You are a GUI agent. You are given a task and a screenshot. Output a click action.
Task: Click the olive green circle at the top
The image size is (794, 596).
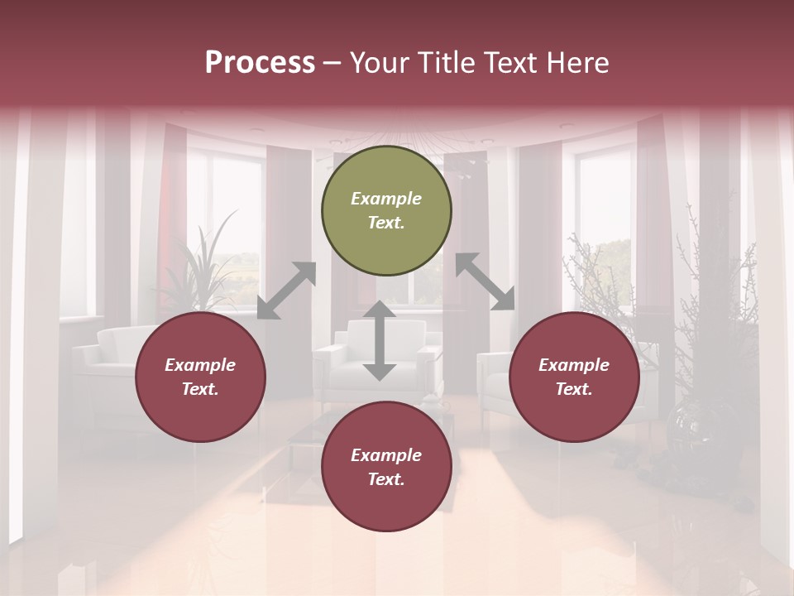pos(386,211)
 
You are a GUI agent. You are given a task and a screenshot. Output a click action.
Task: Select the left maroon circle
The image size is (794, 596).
pos(200,377)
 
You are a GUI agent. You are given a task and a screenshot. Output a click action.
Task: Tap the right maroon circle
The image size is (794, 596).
pos(574,377)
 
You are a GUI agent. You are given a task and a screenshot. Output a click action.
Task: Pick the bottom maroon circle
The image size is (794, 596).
pos(386,467)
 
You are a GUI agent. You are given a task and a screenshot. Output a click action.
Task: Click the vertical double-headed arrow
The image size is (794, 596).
pos(380,340)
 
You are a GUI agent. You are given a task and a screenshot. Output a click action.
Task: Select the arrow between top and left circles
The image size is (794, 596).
pos(287,290)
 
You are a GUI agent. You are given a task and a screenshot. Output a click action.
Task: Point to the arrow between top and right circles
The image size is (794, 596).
pos(485,281)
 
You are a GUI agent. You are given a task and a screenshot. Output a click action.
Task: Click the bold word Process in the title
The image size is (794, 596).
pos(260,62)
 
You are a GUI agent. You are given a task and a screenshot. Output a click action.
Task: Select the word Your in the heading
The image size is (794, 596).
pos(377,62)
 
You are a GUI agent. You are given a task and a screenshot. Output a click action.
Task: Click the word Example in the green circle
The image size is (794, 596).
pos(386,199)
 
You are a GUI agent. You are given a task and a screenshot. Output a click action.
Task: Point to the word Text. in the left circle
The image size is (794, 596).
pos(200,389)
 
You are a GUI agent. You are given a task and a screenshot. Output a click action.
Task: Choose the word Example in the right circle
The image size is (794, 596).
pos(574,365)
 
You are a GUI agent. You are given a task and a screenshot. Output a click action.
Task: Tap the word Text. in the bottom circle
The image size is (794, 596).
pos(386,479)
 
